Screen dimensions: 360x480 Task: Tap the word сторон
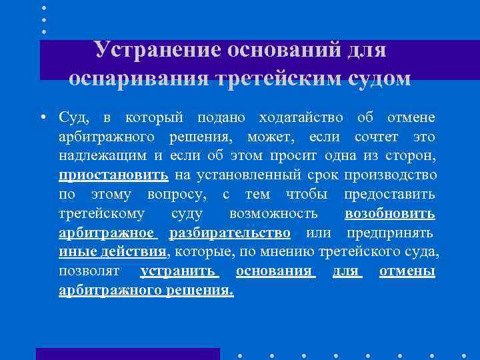414,157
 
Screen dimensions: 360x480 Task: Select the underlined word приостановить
113,175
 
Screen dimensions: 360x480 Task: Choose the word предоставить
390,195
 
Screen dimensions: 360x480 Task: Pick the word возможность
273,214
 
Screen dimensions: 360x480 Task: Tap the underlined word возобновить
390,214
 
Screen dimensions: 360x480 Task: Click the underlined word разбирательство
230,233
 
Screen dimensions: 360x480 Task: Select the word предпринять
390,233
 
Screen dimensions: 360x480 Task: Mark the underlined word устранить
179,272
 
